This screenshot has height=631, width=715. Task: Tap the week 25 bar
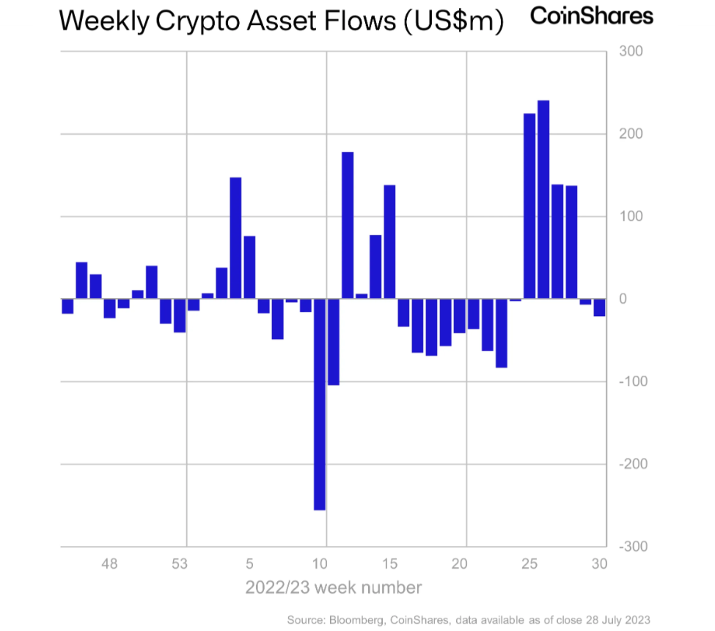pyautogui.click(x=529, y=206)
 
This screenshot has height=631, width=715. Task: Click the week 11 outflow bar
pyautogui.click(x=334, y=341)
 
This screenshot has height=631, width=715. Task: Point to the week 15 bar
pyautogui.click(x=390, y=241)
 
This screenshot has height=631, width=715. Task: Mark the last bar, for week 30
pyautogui.click(x=600, y=307)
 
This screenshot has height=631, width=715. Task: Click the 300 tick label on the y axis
pyautogui.click(x=631, y=51)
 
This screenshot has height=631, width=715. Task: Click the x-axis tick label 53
pyautogui.click(x=180, y=564)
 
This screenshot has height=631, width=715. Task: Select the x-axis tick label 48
pyautogui.click(x=109, y=564)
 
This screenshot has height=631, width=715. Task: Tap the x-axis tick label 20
pyautogui.click(x=460, y=564)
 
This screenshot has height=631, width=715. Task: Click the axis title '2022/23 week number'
pyautogui.click(x=334, y=588)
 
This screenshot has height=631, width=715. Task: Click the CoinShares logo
pyautogui.click(x=591, y=16)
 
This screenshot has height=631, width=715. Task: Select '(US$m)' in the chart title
pyautogui.click(x=453, y=22)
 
